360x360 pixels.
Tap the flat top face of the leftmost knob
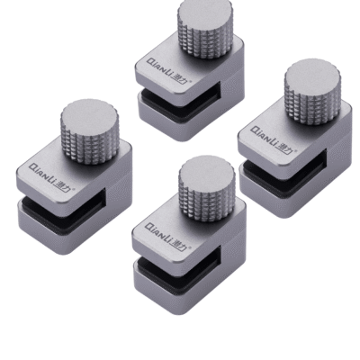[x=88, y=113]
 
